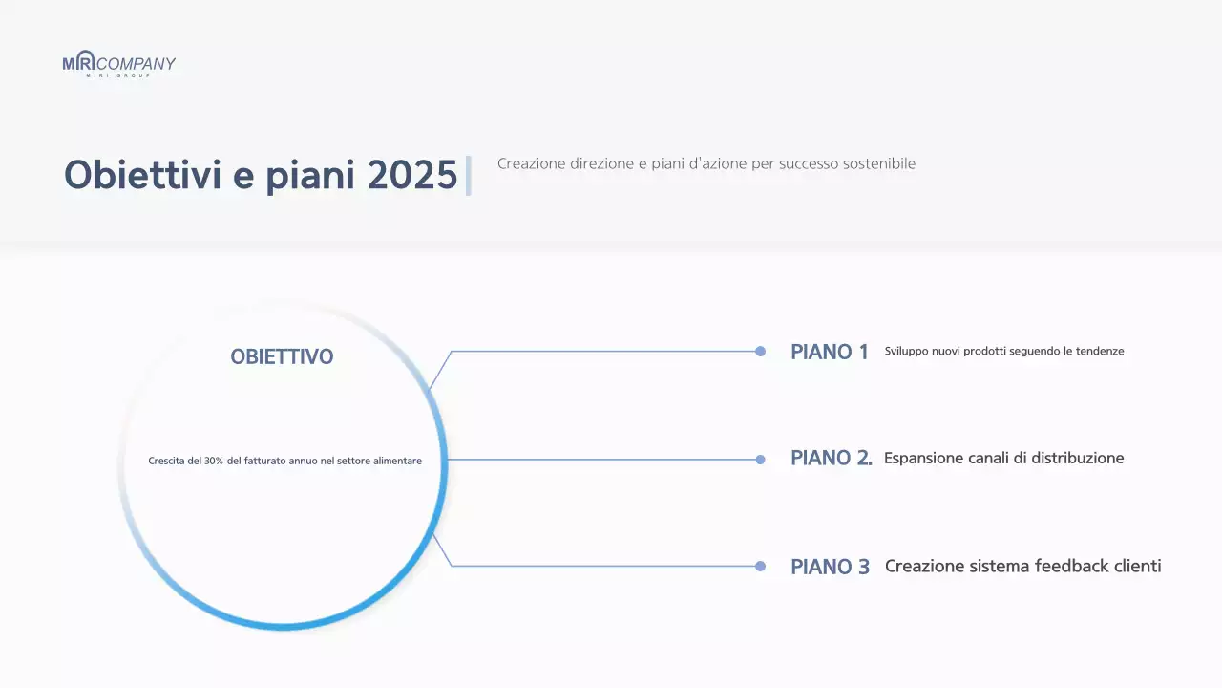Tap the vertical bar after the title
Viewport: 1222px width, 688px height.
[x=468, y=176]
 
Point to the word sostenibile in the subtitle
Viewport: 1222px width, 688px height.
[x=879, y=164]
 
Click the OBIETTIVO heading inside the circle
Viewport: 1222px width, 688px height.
[x=282, y=357]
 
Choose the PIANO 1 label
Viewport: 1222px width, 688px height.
[x=829, y=353]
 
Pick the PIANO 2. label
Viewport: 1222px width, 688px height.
[x=831, y=459]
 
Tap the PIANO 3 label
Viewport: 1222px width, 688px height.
[x=830, y=567]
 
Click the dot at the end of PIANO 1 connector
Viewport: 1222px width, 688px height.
[x=760, y=352]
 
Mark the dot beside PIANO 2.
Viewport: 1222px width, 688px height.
[x=760, y=460]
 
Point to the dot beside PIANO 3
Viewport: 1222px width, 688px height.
[x=760, y=566]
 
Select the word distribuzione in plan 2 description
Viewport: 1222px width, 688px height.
[x=1072, y=459]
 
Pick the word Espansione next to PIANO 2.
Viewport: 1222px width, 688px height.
[x=921, y=459]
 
